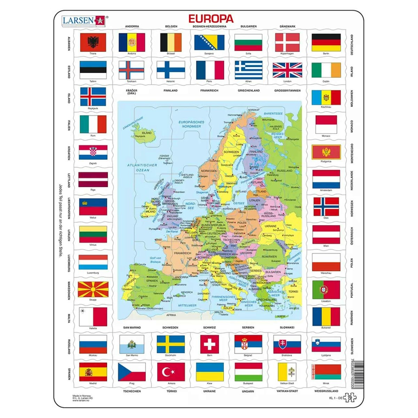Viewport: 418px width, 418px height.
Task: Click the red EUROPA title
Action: click(x=211, y=18)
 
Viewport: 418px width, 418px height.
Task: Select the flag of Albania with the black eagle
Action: click(x=93, y=42)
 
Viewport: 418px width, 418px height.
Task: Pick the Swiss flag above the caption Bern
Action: click(x=209, y=344)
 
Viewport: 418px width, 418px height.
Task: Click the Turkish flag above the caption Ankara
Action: click(x=171, y=372)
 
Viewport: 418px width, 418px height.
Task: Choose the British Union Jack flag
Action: click(x=287, y=70)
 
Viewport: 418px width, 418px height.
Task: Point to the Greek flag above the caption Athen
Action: click(x=248, y=70)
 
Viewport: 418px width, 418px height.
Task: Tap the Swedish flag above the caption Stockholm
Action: click(x=171, y=344)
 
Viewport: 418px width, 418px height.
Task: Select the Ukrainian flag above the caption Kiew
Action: click(x=210, y=372)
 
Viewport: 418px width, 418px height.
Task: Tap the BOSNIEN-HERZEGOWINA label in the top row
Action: click(x=209, y=26)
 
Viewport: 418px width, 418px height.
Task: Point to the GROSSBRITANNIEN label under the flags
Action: click(x=287, y=91)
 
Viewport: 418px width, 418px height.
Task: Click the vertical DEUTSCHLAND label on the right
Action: click(x=352, y=45)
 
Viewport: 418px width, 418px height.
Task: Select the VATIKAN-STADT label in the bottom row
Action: click(x=287, y=391)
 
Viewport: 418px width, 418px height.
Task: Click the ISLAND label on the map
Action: click(x=146, y=133)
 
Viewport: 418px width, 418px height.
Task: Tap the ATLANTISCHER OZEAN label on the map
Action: click(x=138, y=168)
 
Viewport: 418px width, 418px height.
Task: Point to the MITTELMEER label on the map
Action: click(x=188, y=305)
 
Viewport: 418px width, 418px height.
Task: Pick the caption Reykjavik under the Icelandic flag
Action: click(x=93, y=108)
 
